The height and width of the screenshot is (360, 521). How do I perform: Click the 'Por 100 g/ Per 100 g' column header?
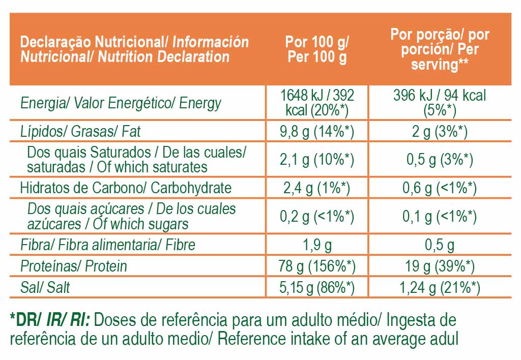coord(317,49)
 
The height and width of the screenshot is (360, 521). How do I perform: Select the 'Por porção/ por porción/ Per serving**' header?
coord(440,49)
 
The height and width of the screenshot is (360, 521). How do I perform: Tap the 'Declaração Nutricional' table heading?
coord(134,49)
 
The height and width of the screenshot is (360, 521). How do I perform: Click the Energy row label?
coord(121,103)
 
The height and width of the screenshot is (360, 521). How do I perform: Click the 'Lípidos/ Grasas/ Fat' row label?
coord(80,132)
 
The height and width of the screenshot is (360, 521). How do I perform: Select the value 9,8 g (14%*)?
coord(317,132)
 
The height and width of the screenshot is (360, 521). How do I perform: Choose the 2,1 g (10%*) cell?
coord(317,160)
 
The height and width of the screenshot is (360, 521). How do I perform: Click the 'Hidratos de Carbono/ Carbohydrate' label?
coord(125,188)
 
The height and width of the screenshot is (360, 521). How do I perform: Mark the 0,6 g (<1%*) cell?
coord(440,188)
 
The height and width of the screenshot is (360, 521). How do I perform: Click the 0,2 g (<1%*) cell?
coord(317,217)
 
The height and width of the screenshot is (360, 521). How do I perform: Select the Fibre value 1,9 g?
coord(317,245)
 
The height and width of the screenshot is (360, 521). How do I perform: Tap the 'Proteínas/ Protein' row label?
coord(74,266)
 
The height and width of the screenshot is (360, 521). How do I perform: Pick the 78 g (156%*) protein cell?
coord(317,266)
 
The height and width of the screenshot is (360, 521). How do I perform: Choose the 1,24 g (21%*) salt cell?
coord(440,287)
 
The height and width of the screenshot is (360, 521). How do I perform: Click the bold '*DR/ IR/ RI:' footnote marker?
coord(50,320)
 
